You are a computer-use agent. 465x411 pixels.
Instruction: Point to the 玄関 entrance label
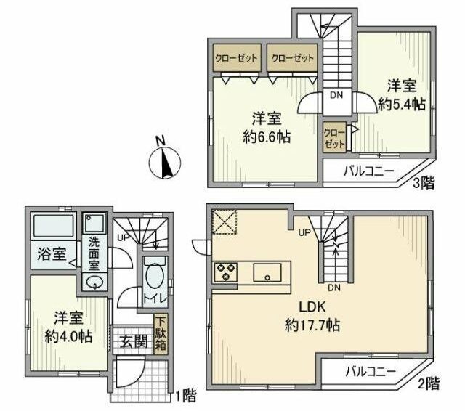134,340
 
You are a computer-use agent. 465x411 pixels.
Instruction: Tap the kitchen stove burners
226,272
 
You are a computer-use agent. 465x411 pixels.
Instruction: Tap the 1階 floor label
186,396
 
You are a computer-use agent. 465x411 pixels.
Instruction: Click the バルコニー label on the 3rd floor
368,171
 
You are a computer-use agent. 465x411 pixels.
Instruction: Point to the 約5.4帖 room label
401,105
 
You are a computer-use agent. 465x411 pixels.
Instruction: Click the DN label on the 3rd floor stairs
336,95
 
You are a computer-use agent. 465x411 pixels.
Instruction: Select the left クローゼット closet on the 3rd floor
236,58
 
